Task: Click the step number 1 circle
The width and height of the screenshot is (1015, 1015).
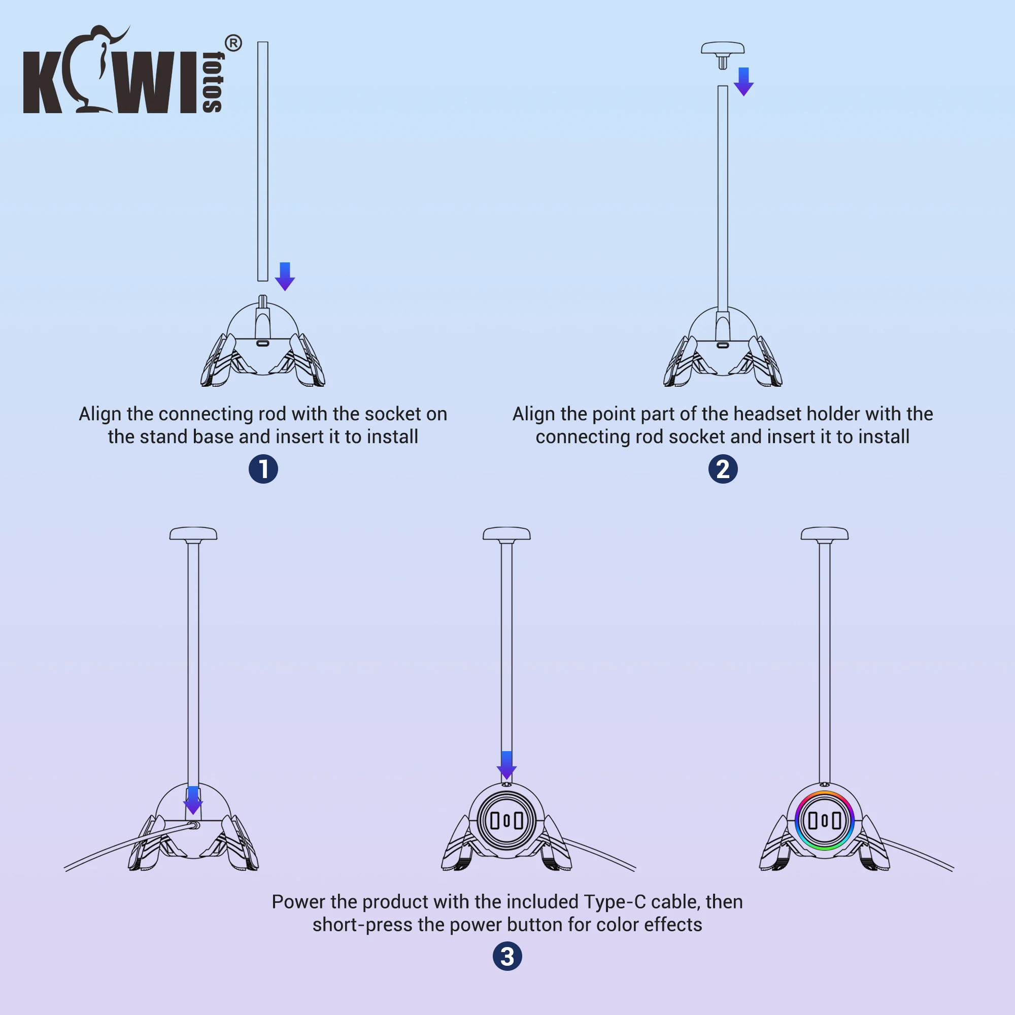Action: [263, 469]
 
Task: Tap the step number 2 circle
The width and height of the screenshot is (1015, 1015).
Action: [723, 469]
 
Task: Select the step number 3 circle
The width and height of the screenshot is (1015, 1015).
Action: [507, 956]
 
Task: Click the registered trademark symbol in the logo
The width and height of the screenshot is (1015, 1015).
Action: [233, 44]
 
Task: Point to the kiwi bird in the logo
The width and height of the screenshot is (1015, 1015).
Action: [94, 69]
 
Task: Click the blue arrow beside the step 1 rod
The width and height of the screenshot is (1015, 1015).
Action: [285, 276]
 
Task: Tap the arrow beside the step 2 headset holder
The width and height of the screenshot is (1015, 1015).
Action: [743, 81]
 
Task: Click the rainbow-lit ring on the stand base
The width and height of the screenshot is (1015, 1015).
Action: [824, 820]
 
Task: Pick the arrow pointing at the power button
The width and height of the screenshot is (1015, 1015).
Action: [506, 765]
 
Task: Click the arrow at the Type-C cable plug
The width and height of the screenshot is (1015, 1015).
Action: [193, 800]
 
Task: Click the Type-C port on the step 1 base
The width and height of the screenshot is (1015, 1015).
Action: [263, 343]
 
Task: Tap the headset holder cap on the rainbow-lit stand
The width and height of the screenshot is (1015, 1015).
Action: [824, 534]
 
